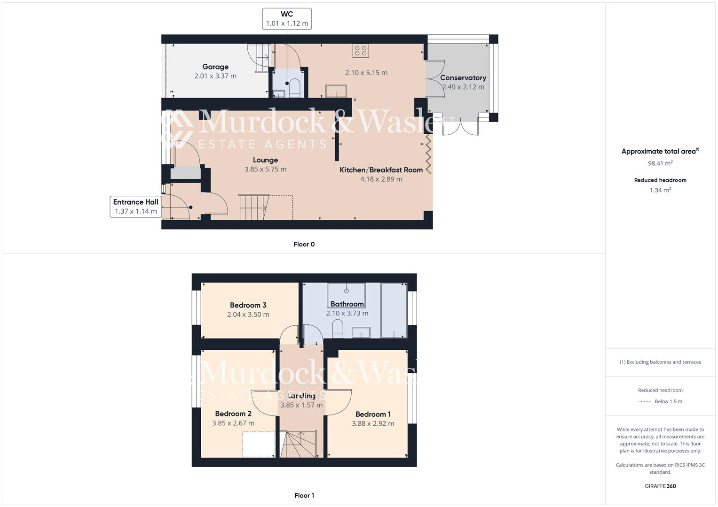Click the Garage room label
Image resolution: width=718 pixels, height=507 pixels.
coord(215,67)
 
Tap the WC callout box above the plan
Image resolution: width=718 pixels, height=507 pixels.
coord(287,19)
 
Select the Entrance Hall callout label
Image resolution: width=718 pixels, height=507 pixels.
coord(135,207)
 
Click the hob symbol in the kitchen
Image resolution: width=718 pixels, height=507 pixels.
coord(361,51)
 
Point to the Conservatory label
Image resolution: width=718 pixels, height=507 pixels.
coord(463,78)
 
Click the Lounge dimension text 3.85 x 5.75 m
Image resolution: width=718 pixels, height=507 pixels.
coord(265,169)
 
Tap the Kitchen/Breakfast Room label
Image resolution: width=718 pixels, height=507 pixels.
coord(381,170)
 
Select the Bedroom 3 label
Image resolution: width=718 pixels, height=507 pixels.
coord(248,305)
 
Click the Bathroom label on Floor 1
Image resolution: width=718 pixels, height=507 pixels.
coord(347,304)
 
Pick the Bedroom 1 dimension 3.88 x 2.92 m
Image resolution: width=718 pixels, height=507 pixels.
coord(373,423)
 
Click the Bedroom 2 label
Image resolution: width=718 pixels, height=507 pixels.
coord(233,414)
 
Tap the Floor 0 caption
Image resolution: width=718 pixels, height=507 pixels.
coord(304,244)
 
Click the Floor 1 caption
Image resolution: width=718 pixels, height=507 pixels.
coord(304,495)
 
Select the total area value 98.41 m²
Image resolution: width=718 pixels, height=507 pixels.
coord(660,163)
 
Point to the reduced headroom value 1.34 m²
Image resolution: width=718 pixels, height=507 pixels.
coord(660,190)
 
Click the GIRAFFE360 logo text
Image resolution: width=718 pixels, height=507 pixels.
coord(660,486)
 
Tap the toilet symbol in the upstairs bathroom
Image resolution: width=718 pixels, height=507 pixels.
coord(338,328)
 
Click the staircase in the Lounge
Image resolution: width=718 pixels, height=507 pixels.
coord(254,207)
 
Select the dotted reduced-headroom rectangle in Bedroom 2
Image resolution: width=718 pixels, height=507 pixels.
coord(258,444)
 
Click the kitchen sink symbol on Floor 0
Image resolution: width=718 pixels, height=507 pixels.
coord(336,91)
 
